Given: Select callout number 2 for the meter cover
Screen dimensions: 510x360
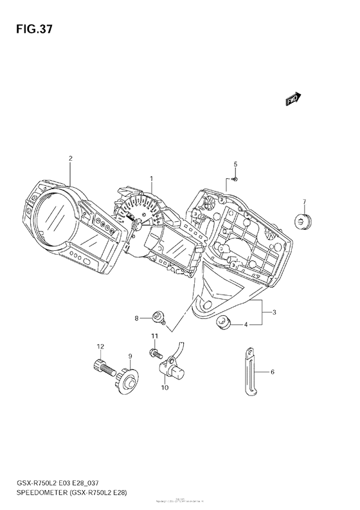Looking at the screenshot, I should (x=70, y=158).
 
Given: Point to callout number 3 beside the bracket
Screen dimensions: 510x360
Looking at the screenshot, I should (x=274, y=313).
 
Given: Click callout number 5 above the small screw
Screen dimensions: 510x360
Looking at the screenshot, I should (x=235, y=164).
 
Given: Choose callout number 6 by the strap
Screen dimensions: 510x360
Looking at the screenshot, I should (x=273, y=372).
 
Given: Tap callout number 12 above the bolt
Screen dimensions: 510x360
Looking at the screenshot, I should (x=100, y=347).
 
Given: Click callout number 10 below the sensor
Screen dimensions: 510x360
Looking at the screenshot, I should (x=165, y=388).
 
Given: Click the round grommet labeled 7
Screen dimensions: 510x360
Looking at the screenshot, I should (x=301, y=221).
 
